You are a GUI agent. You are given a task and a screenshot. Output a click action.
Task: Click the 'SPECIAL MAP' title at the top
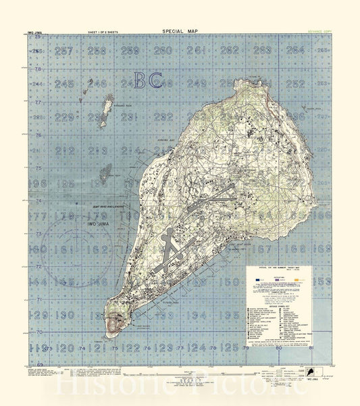tap(180, 30)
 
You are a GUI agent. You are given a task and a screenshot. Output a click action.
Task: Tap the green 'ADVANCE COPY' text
tap(316, 31)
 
